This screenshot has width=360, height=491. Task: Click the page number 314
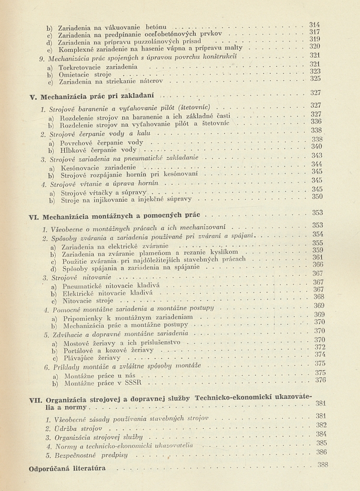tap(315, 25)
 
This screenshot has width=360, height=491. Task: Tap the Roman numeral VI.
tap(34, 217)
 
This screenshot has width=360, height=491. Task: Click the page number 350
tap(317, 196)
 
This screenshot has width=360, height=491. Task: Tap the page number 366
tap(318, 264)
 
